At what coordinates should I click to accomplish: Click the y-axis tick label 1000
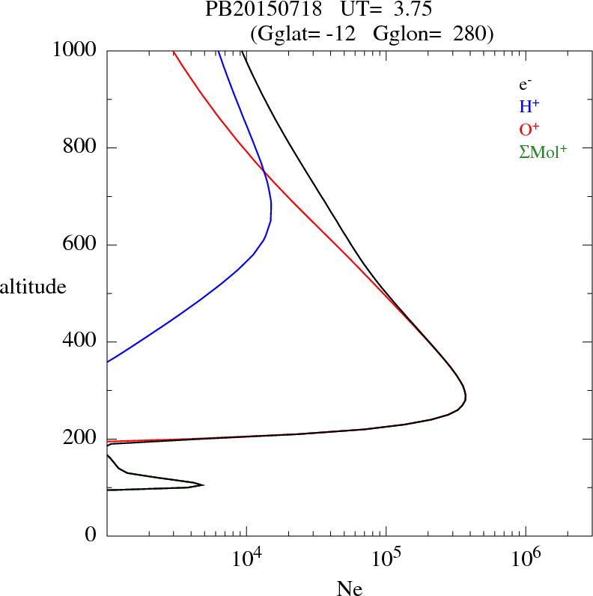75,50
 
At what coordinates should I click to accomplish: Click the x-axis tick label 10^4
246,559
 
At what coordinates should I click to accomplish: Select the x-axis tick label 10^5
386,559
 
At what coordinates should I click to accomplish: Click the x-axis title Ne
349,588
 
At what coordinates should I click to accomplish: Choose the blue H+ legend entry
531,107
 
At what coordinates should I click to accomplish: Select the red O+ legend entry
531,130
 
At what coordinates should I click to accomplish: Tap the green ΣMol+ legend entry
543,152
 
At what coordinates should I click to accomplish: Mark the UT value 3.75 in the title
407,10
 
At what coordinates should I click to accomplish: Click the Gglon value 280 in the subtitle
470,34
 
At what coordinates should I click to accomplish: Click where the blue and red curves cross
265,173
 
